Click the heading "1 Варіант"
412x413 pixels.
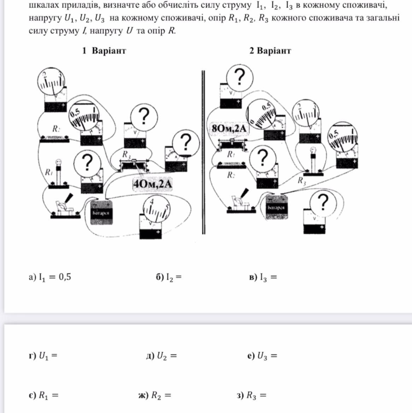coord(104,51)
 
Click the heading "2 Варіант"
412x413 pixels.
coord(270,51)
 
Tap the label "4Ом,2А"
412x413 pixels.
coord(153,184)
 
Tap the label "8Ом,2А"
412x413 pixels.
coord(229,128)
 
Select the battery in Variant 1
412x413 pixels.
coord(101,212)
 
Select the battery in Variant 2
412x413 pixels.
coord(276,207)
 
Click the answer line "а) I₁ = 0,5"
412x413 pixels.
coord(50,277)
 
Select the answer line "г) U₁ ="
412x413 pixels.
coord(43,355)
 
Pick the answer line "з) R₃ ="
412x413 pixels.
coord(251,395)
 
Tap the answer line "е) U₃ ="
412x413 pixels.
coord(262,355)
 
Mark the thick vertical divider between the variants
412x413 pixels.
coord(203,152)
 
